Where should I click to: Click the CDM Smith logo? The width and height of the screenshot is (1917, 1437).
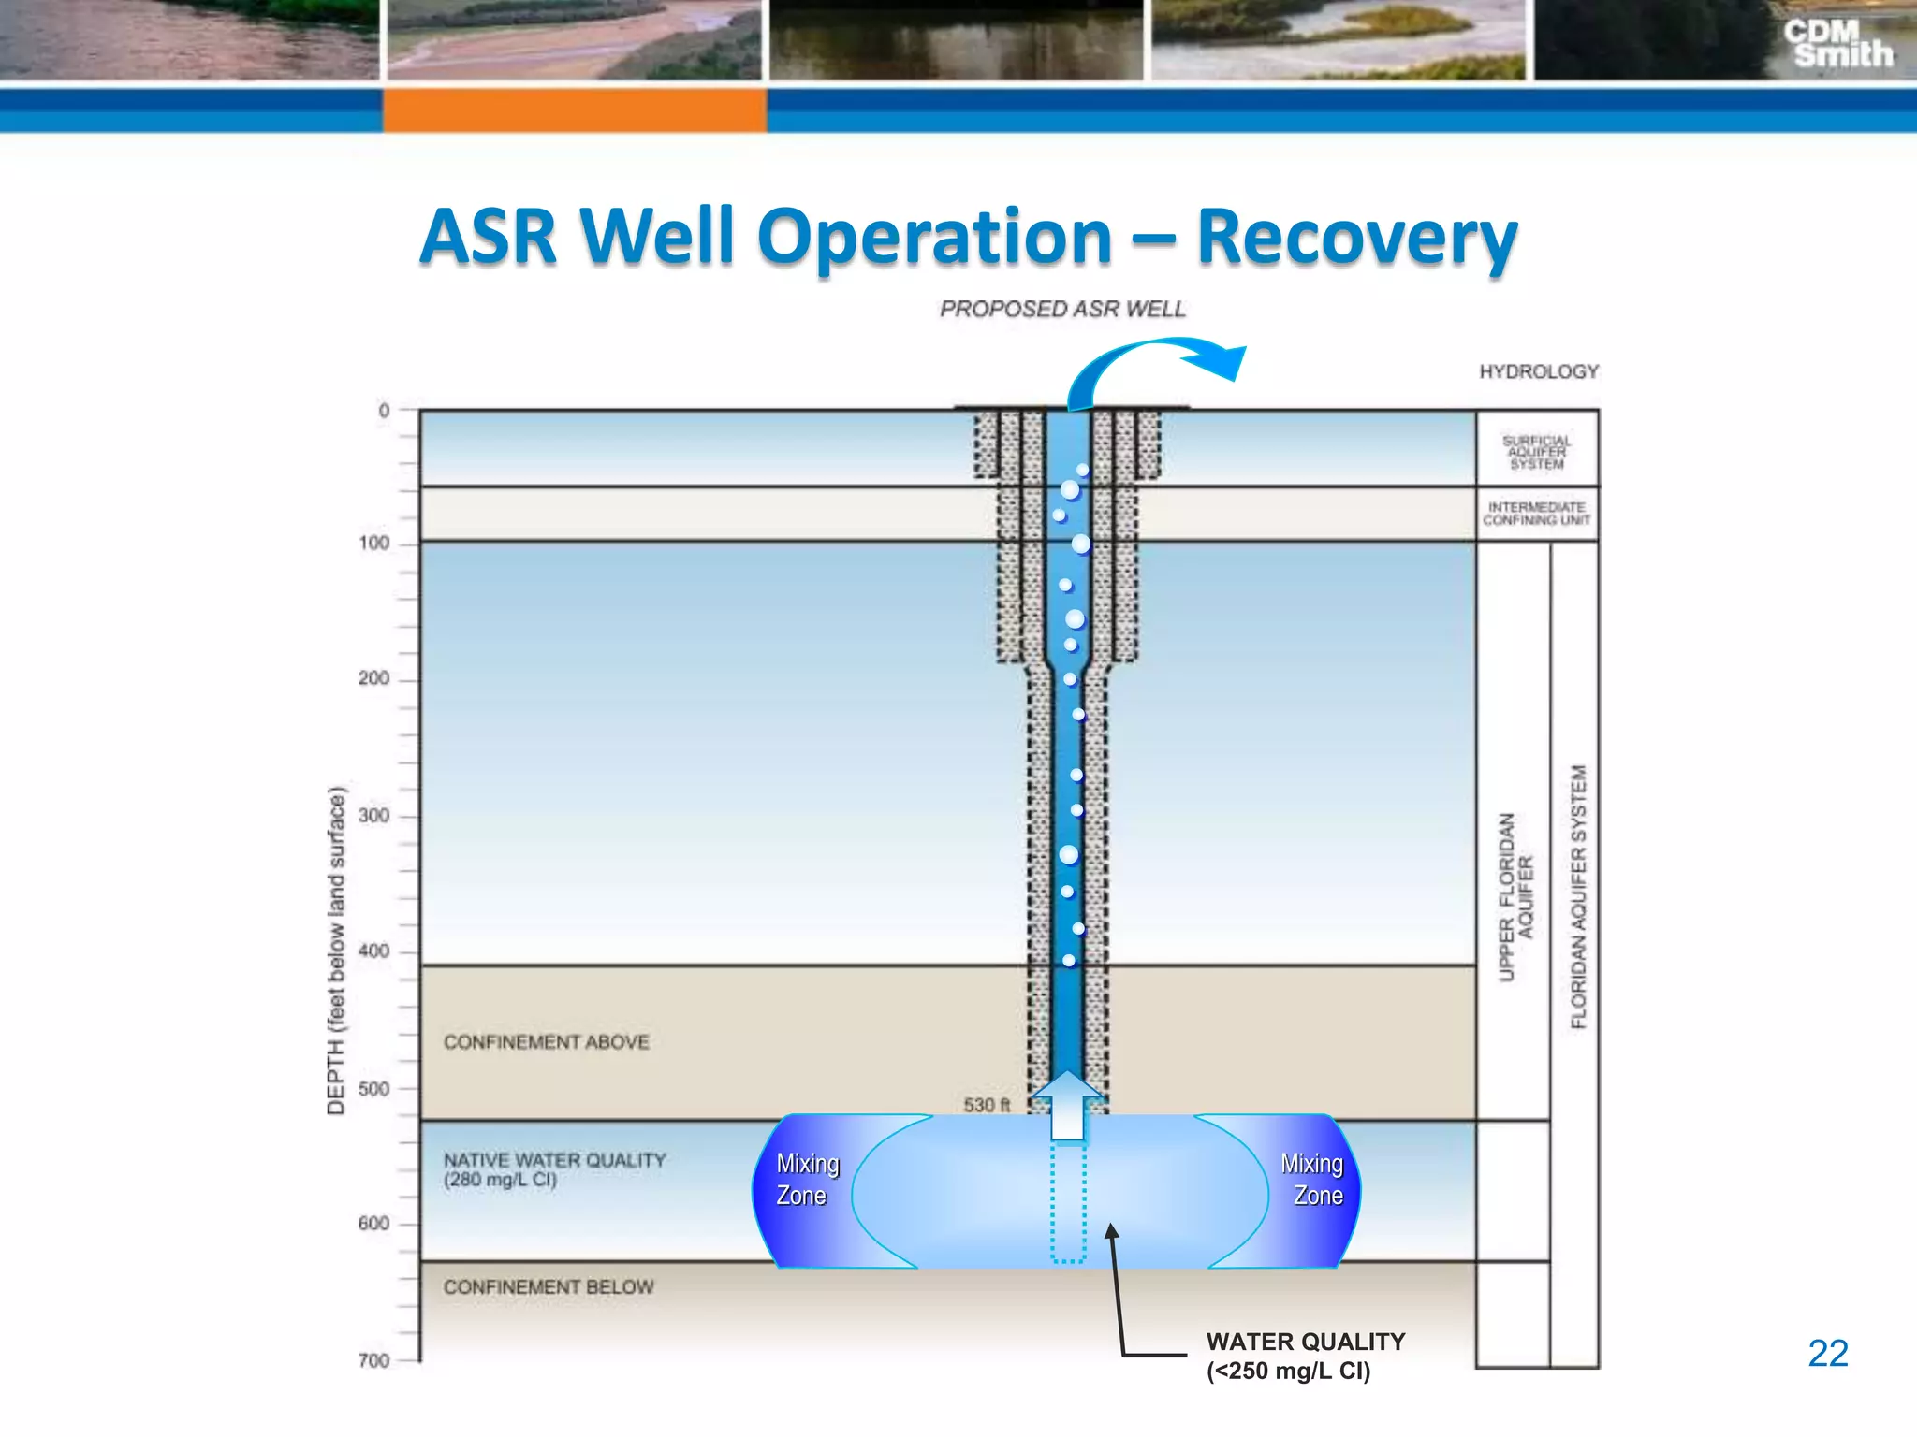point(1837,44)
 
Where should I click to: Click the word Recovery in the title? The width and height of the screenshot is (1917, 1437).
point(1356,239)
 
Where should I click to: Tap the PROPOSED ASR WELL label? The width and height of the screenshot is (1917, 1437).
point(1062,309)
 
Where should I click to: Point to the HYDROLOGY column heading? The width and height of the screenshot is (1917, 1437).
point(1538,371)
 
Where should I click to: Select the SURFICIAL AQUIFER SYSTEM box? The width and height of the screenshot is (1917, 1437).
point(1537,452)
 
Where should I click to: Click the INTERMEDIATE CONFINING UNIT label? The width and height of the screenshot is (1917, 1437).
point(1537,514)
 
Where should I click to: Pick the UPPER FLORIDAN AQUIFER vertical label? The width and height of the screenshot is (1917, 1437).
point(1515,896)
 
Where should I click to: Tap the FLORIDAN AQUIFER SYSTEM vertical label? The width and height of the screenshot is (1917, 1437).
point(1579,896)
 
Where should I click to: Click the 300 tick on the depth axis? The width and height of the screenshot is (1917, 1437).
point(374,816)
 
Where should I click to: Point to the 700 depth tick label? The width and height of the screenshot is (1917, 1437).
point(374,1360)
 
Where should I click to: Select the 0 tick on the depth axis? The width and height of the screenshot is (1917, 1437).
point(384,410)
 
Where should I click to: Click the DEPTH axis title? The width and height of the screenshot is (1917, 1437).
point(336,951)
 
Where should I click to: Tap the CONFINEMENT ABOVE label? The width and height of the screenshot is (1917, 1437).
point(546,1042)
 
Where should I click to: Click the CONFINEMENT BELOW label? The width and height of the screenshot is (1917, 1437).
point(549,1287)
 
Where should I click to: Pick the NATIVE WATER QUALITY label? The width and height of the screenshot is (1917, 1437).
point(554,1169)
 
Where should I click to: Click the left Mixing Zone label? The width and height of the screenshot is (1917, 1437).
point(806,1179)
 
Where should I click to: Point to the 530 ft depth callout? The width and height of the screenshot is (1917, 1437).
point(987,1105)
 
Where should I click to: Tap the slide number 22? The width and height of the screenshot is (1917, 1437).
point(1827,1353)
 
